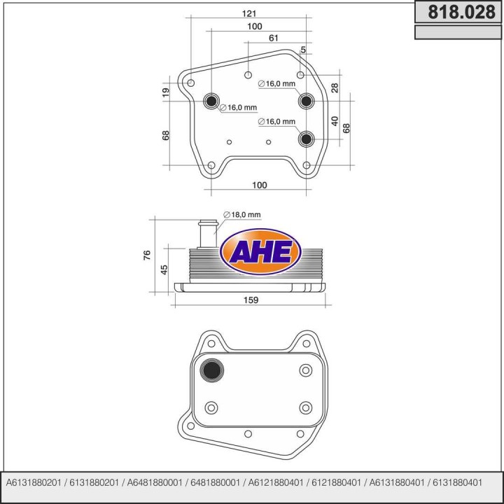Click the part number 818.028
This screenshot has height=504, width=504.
coord(456,13)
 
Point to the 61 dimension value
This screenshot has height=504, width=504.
coord(274,38)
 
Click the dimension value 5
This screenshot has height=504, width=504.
coord(302,50)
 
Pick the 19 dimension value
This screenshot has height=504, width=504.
coord(166,93)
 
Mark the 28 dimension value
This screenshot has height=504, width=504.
coord(335,87)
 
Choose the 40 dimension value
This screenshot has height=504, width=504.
coord(335,121)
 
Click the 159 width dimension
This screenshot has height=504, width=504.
coord(251,300)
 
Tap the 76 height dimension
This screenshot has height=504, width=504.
coord(147,255)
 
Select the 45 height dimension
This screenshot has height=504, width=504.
coord(163,269)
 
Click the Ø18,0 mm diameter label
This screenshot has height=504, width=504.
coord(241,214)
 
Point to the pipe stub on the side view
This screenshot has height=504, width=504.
coord(206,234)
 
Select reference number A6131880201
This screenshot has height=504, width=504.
coord(33,483)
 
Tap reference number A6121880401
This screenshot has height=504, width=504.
coord(274,483)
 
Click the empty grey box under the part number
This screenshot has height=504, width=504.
coord(456,32)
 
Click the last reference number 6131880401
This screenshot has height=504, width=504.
coord(453,483)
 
